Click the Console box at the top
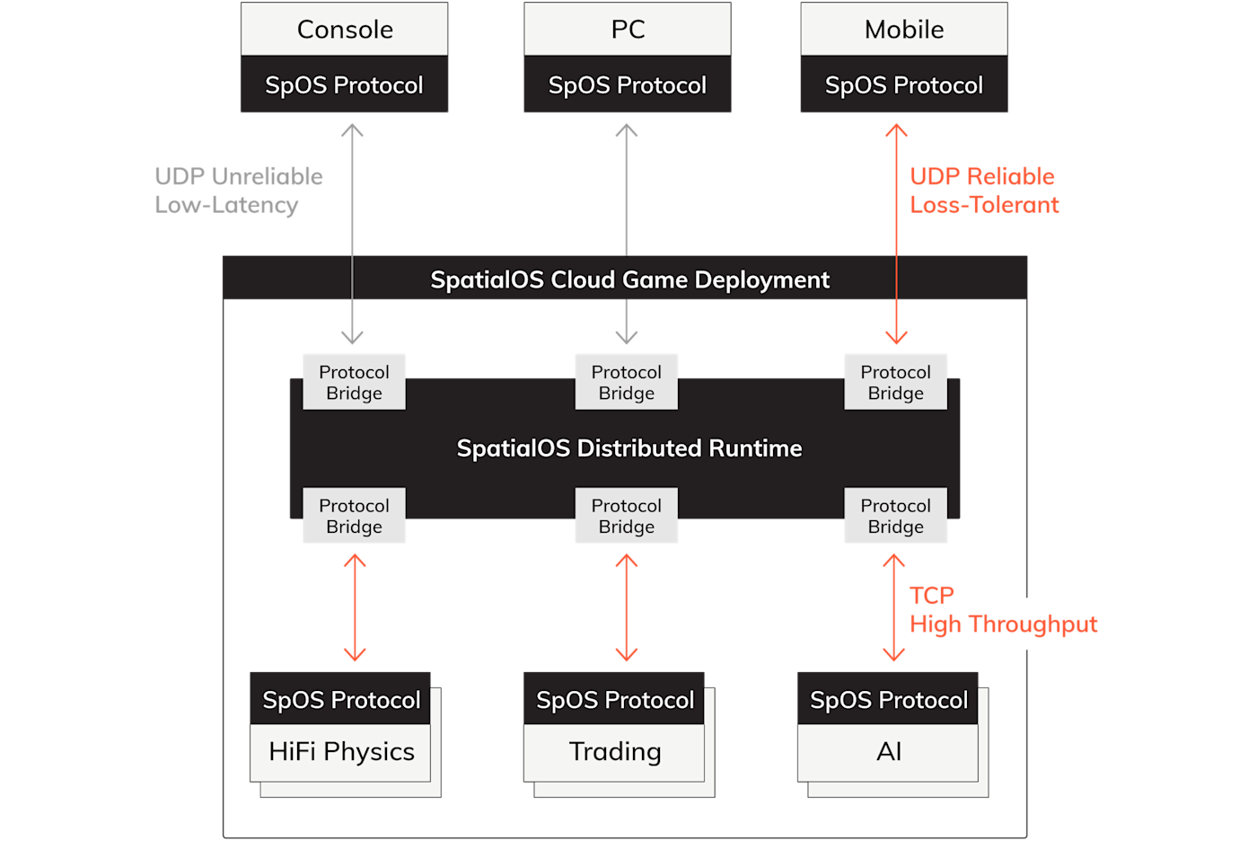click(x=345, y=30)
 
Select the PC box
click(x=628, y=30)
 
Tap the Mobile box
click(x=904, y=30)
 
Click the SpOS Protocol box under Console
click(x=345, y=85)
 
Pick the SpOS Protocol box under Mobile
click(x=904, y=85)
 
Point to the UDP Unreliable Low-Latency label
click(x=238, y=190)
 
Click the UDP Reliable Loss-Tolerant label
click(x=984, y=190)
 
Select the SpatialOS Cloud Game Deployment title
click(x=629, y=279)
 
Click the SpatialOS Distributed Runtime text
click(x=629, y=448)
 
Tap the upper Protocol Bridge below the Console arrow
click(x=355, y=383)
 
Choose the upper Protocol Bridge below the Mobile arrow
click(x=896, y=383)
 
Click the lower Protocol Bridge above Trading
click(x=627, y=517)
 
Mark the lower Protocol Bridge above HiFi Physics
click(x=355, y=517)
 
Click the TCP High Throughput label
click(x=1002, y=610)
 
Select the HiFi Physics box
click(x=341, y=752)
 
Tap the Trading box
click(x=615, y=752)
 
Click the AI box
click(x=889, y=752)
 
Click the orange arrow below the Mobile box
click(x=896, y=234)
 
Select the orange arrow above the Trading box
click(x=627, y=608)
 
